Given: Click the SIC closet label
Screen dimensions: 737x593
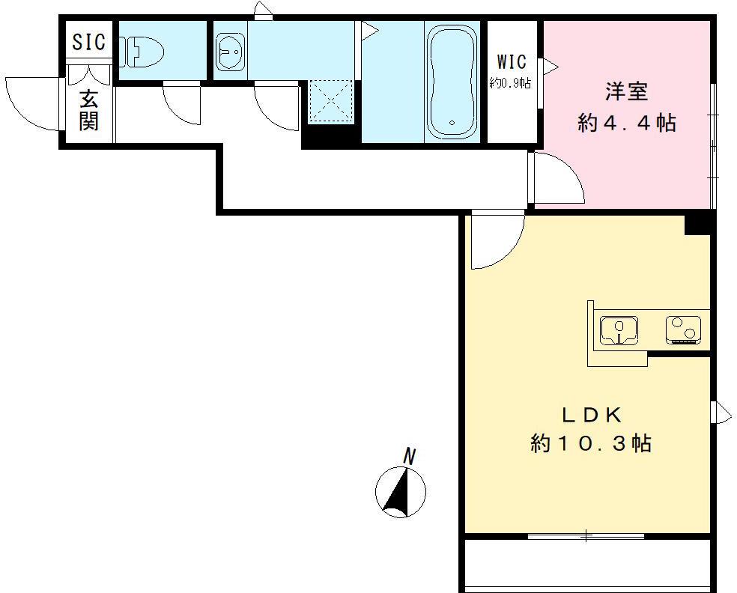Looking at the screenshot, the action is tap(88, 41).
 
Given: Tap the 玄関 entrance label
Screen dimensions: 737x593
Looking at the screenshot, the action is tap(88, 111).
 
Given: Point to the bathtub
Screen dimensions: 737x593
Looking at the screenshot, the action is tap(452, 82).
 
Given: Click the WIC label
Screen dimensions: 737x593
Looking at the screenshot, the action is tap(512, 61).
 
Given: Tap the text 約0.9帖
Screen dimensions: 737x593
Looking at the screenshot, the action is tap(511, 84).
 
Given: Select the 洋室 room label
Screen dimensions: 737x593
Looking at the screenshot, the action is tap(627, 91).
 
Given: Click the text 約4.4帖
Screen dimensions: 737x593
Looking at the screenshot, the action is tap(627, 123).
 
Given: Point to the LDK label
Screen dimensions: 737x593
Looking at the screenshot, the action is tap(592, 416).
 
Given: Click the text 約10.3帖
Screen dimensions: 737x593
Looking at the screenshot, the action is tap(591, 443).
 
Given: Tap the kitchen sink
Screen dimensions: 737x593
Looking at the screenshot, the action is tap(619, 331).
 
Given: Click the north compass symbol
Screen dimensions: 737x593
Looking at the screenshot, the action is tap(401, 492).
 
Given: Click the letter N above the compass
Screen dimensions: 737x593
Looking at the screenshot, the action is tap(410, 456).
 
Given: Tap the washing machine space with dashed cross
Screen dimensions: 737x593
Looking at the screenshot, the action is tap(330, 102).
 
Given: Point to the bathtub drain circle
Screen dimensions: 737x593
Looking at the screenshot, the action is tap(452, 123).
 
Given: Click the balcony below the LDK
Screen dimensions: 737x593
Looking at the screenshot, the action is tap(587, 563).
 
